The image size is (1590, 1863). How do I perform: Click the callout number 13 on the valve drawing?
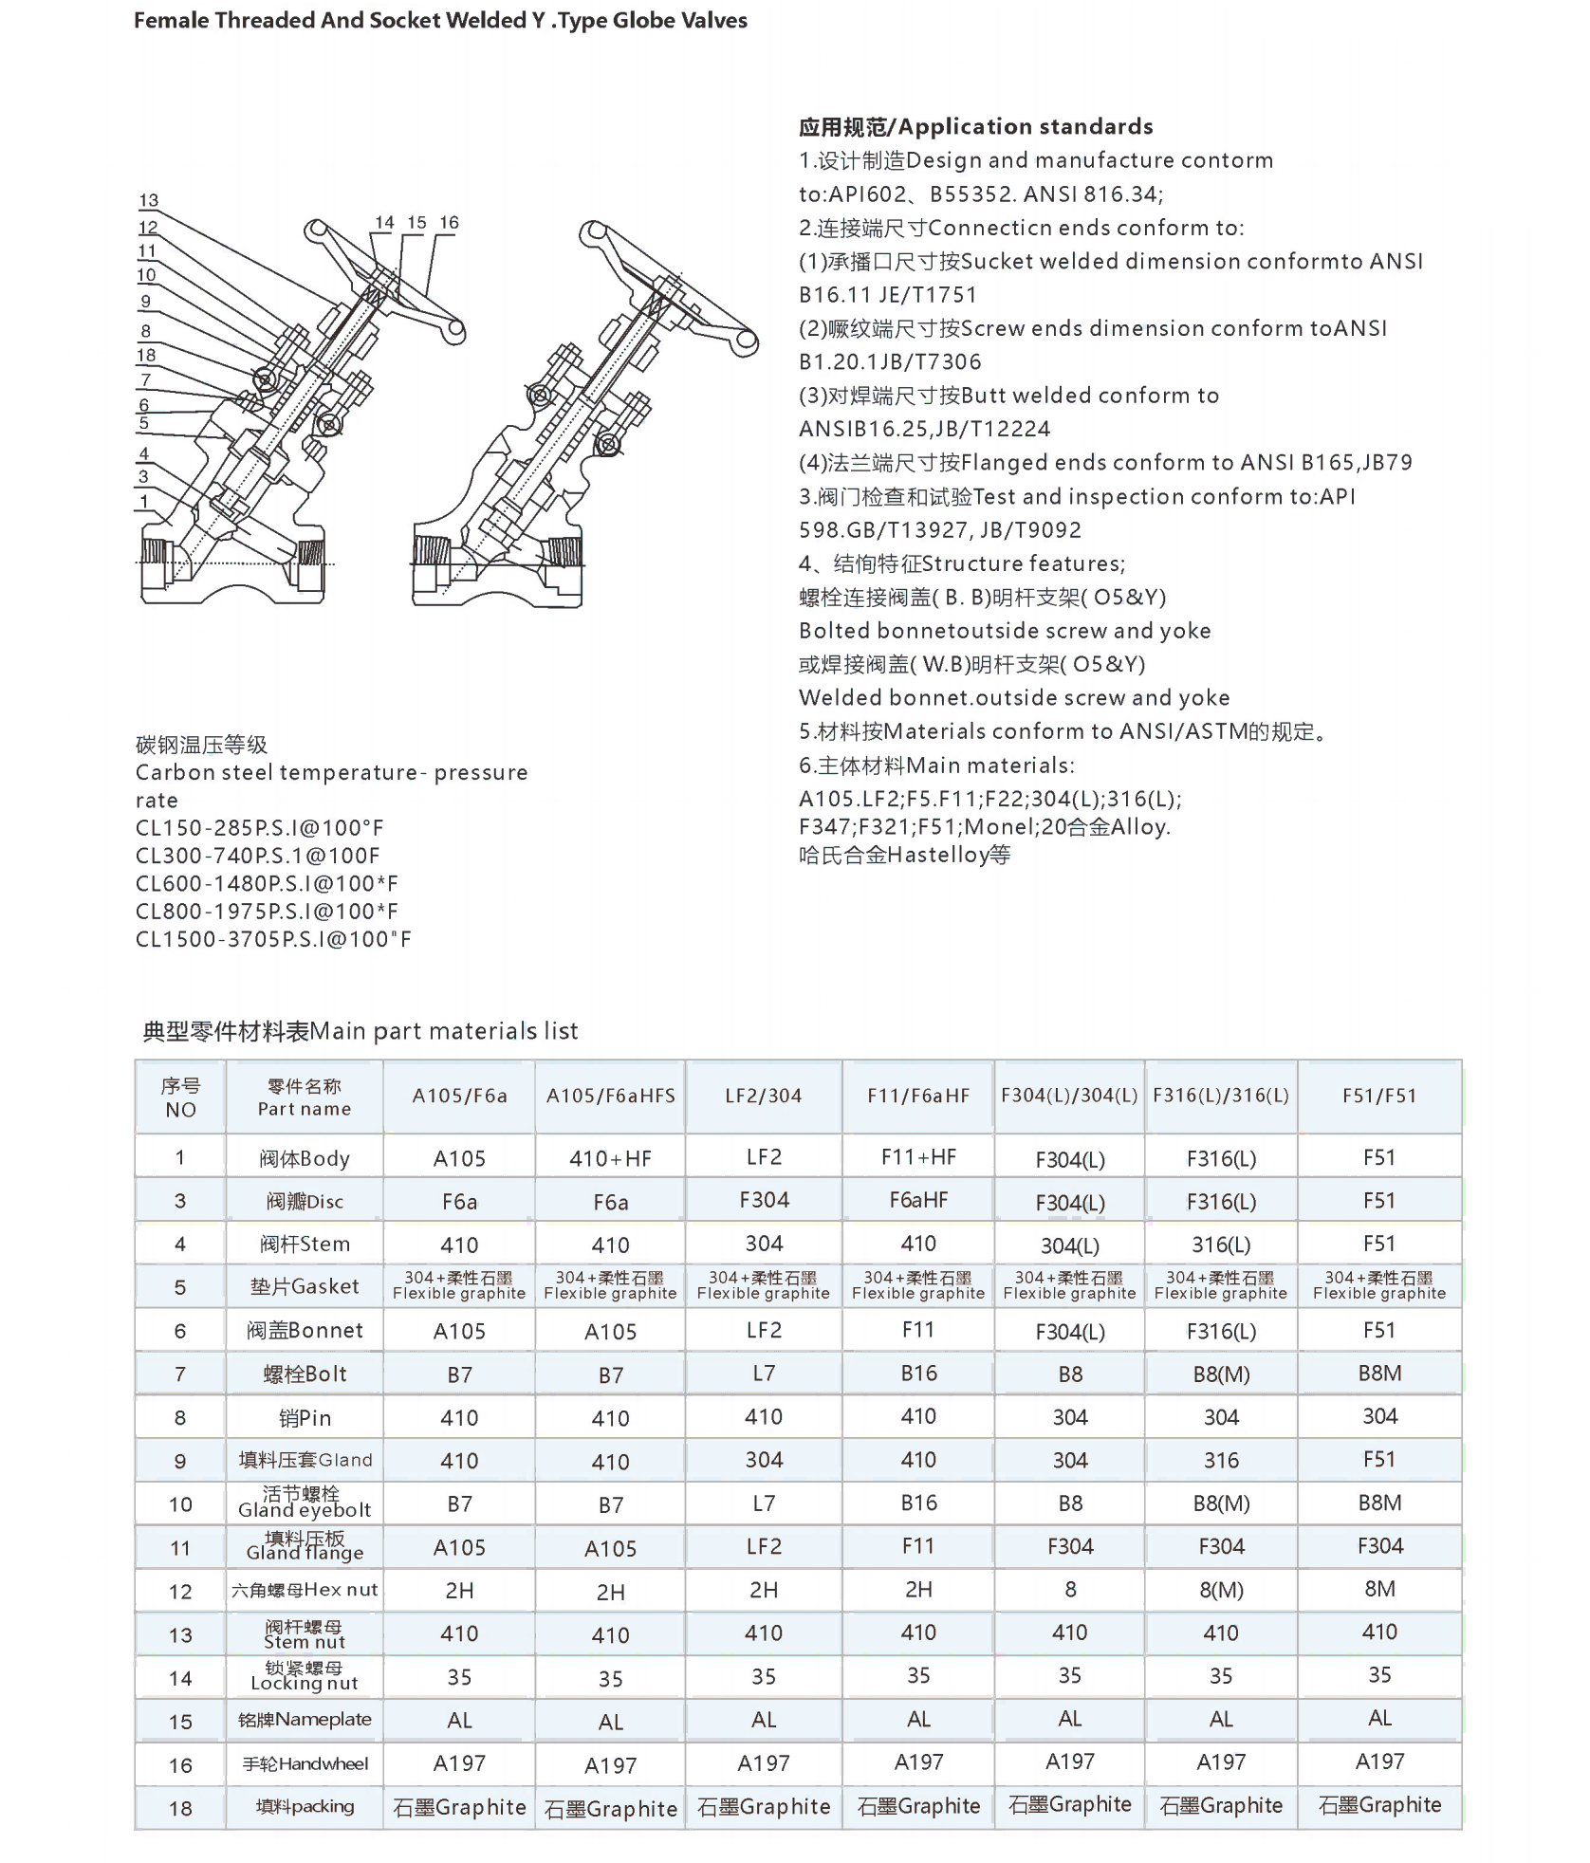pos(149,200)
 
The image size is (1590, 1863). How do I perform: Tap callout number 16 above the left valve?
pos(449,223)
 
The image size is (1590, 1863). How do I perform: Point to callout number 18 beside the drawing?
pos(146,356)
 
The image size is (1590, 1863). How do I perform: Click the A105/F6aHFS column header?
pos(611,1096)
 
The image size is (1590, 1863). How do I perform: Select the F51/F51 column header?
pos(1379,1096)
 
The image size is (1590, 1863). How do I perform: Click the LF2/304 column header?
pos(764,1096)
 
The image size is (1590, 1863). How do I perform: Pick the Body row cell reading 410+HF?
pos(611,1158)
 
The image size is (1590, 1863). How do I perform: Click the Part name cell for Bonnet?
pos(305,1330)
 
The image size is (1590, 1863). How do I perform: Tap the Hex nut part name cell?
pos(305,1590)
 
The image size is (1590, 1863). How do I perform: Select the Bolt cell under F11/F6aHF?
pos(918,1373)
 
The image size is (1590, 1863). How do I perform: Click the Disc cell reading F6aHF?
pos(918,1200)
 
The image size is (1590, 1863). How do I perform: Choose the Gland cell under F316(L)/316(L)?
pos(1221,1460)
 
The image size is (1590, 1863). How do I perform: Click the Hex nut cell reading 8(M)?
pos(1221,1590)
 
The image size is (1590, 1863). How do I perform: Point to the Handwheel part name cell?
pos(305,1763)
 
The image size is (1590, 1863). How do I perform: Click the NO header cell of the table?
pos(180,1097)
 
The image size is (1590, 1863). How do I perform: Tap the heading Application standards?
pos(976,127)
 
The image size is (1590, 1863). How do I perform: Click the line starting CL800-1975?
pos(267,912)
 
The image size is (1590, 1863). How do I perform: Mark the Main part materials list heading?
pos(361,1031)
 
